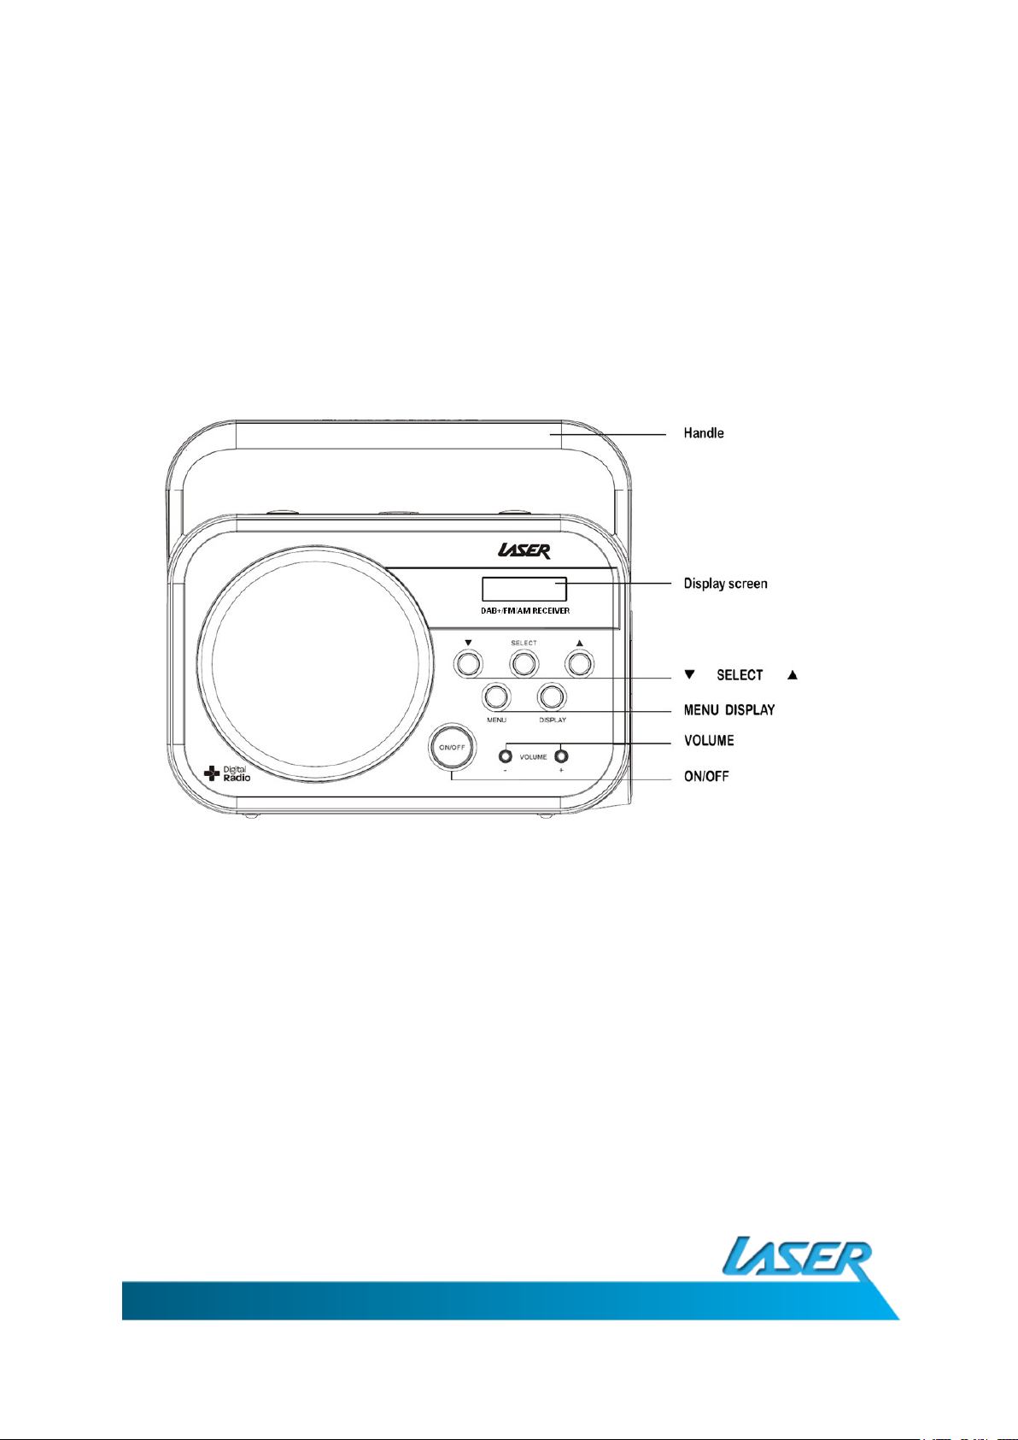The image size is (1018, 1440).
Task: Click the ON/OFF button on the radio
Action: pyautogui.click(x=452, y=747)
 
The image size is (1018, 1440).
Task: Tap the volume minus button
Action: pyautogui.click(x=506, y=756)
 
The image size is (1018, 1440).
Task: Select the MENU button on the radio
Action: pyautogui.click(x=496, y=696)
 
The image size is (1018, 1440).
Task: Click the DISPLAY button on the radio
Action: pyautogui.click(x=552, y=696)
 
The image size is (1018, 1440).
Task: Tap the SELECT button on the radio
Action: pyautogui.click(x=524, y=663)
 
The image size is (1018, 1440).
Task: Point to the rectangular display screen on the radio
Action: pyautogui.click(x=524, y=589)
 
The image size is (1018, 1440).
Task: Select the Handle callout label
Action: pyautogui.click(x=704, y=433)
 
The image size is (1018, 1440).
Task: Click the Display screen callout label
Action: pyautogui.click(x=725, y=584)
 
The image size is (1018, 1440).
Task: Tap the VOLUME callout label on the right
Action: pyautogui.click(x=709, y=740)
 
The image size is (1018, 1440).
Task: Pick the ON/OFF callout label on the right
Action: pyautogui.click(x=706, y=777)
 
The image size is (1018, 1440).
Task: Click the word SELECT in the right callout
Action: pyautogui.click(x=740, y=675)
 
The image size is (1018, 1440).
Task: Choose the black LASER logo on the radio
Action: pyautogui.click(x=524, y=551)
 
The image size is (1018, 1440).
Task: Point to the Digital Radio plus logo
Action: pyautogui.click(x=227, y=774)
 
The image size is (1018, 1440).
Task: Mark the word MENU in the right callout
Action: pyautogui.click(x=701, y=710)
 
